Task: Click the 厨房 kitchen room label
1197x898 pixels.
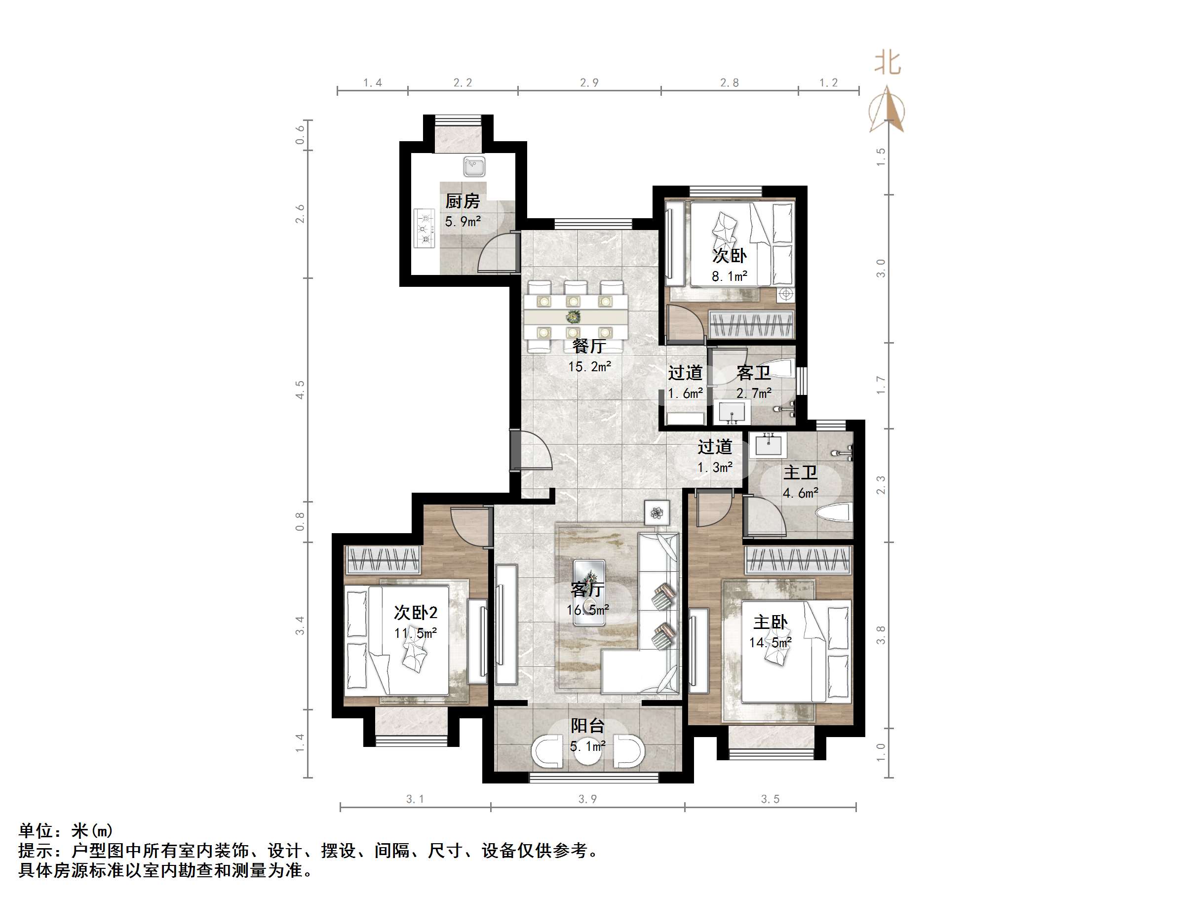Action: [x=462, y=201]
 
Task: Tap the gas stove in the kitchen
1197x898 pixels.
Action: [x=425, y=229]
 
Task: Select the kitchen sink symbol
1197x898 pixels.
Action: [x=474, y=166]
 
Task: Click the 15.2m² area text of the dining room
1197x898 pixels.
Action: [x=589, y=366]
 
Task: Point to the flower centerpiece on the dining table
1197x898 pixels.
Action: [x=573, y=316]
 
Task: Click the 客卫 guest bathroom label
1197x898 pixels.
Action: [x=753, y=373]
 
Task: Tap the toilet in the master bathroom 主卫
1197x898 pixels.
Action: [x=836, y=513]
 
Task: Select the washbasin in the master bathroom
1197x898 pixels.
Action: [x=768, y=445]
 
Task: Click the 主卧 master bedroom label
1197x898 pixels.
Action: [x=770, y=623]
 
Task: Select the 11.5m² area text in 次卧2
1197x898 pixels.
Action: [x=415, y=633]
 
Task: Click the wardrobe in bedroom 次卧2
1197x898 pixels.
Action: [x=383, y=560]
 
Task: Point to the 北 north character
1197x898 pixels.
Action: [x=888, y=63]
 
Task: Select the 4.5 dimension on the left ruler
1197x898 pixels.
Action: [x=300, y=390]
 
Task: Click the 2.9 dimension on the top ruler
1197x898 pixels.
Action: [x=589, y=83]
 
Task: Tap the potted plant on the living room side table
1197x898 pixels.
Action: [x=657, y=512]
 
